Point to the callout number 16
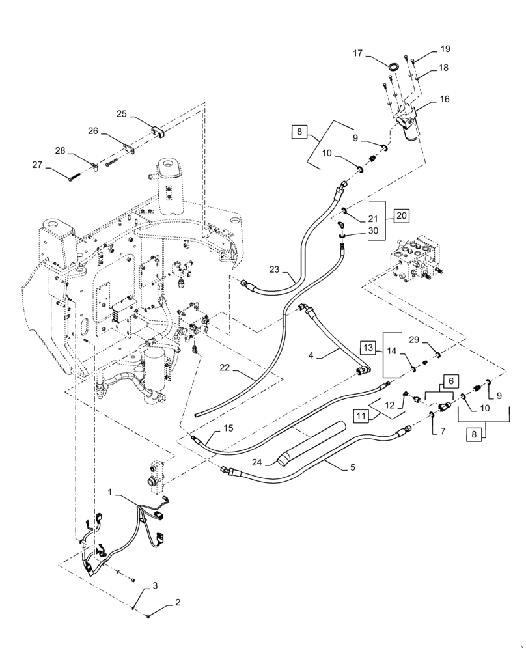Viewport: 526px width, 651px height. click(x=444, y=100)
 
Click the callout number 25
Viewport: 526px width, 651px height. click(x=122, y=114)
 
